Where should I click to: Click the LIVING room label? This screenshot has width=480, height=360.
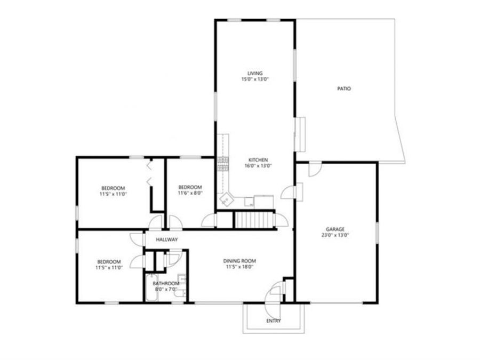255,73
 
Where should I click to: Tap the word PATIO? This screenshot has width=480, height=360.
344,89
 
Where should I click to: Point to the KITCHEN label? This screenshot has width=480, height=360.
258,160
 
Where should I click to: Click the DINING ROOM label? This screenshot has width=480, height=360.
239,261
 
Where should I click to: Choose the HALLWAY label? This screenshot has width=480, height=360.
166,240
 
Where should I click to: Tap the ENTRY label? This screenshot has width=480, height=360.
274,321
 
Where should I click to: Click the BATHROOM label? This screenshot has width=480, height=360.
164,284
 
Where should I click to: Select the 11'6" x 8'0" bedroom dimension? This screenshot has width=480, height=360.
190,193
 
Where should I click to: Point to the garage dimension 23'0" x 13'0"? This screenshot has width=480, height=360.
335,235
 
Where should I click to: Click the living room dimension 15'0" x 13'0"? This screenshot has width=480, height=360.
255,79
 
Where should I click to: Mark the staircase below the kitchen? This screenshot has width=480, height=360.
254,219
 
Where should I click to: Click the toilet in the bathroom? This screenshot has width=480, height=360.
181,291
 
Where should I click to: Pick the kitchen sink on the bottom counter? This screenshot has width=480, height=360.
249,202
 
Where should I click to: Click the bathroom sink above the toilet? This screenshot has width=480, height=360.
182,278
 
